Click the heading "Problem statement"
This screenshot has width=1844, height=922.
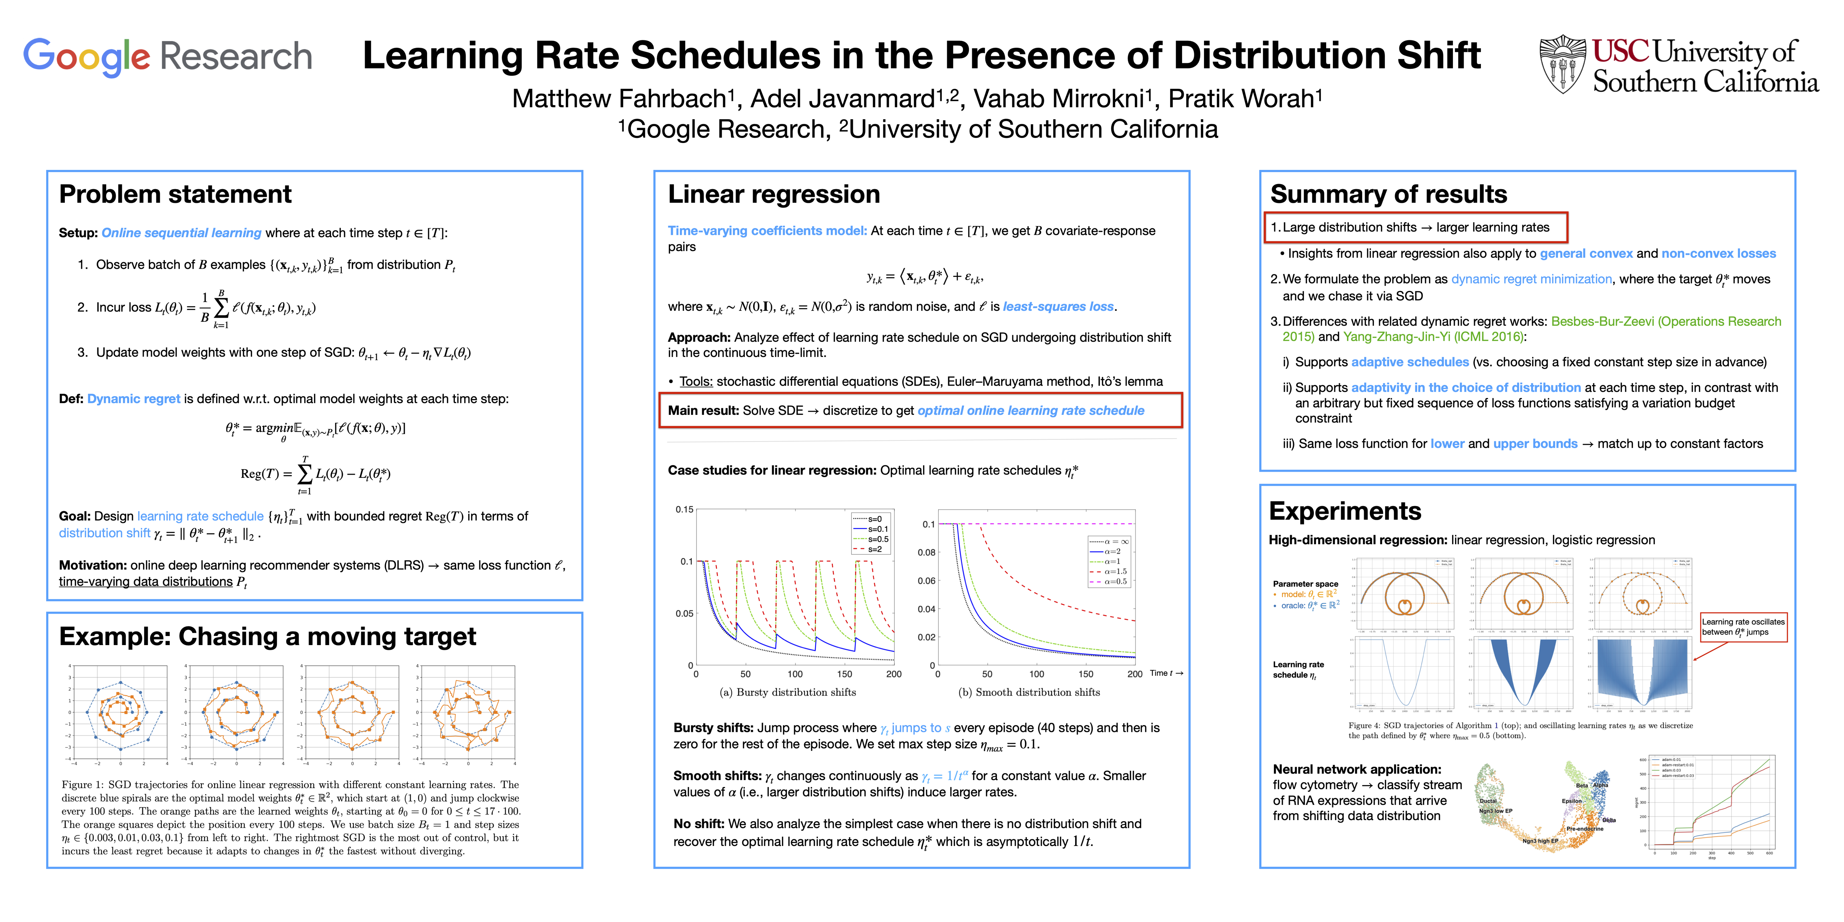(x=175, y=194)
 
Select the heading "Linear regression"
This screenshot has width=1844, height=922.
(x=774, y=194)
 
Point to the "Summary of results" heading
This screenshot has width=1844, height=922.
(x=1389, y=194)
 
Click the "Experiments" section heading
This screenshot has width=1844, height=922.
(x=1345, y=511)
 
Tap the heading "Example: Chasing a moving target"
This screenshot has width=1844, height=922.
(x=268, y=636)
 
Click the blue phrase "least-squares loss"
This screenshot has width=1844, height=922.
(x=1058, y=306)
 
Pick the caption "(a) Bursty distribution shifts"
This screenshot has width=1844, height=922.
(x=787, y=692)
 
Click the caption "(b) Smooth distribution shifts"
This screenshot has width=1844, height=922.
(x=1029, y=692)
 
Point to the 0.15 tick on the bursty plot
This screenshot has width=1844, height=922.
(x=684, y=510)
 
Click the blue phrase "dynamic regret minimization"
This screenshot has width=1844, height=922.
(x=1531, y=279)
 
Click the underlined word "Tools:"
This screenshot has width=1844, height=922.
(x=696, y=381)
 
